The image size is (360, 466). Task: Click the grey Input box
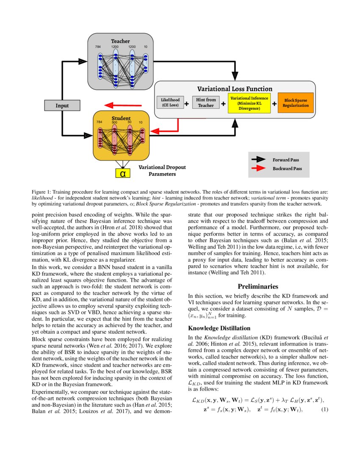click(62, 105)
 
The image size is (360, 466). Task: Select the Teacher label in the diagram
click(120, 41)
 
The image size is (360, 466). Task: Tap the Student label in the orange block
click(121, 118)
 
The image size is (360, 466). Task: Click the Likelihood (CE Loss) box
click(170, 103)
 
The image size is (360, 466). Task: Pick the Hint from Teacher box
click(205, 103)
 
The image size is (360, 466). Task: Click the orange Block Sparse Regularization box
click(296, 103)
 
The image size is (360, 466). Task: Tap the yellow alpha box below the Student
click(122, 173)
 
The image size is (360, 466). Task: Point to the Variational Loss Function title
click(235, 89)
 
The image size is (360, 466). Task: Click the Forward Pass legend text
click(285, 160)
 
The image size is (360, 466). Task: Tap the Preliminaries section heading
click(258, 287)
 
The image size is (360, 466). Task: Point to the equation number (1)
click(324, 410)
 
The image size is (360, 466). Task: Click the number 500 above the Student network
click(114, 122)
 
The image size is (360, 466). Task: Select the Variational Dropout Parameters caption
click(161, 170)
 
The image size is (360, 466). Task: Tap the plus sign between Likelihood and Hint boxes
click(186, 103)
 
